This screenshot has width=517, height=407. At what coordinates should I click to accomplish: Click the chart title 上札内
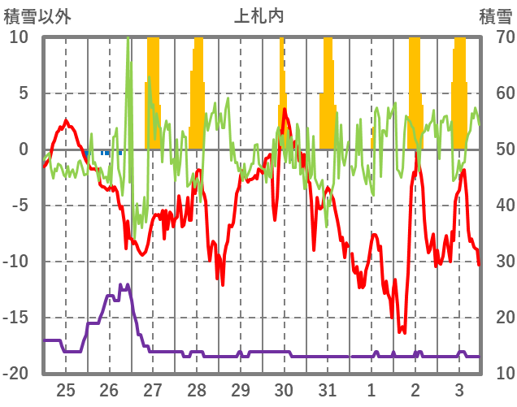point(258,15)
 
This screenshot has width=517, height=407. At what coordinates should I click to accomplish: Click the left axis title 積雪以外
point(37,15)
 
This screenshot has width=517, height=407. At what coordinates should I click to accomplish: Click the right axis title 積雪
point(495,15)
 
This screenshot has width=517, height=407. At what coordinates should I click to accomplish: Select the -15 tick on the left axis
point(16,318)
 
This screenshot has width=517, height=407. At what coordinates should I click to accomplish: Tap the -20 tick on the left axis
point(16,374)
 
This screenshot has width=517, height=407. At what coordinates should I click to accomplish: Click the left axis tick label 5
point(24,93)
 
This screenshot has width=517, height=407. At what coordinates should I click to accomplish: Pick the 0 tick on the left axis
point(24,149)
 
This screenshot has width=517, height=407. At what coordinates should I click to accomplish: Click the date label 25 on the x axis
point(66,389)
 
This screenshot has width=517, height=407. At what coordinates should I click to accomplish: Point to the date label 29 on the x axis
point(240,389)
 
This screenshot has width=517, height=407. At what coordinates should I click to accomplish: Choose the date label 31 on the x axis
point(327,389)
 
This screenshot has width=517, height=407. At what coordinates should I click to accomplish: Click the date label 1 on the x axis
point(371,389)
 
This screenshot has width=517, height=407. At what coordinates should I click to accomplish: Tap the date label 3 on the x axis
point(458,389)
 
